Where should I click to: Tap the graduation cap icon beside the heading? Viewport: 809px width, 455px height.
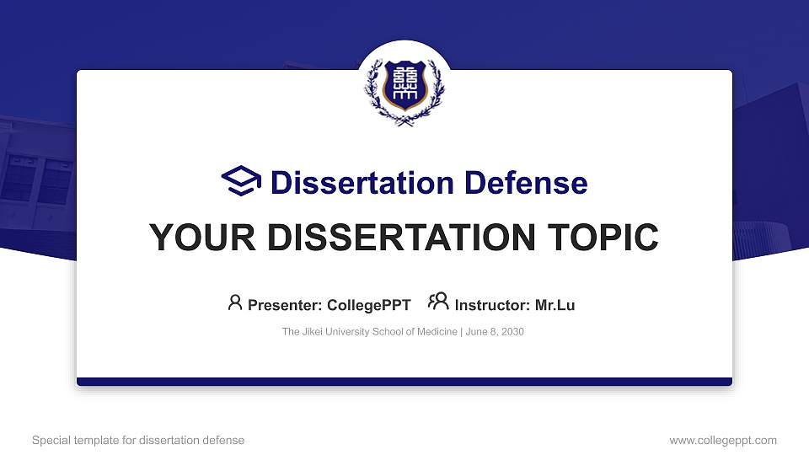(x=241, y=182)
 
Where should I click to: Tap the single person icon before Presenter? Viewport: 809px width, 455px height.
(x=235, y=302)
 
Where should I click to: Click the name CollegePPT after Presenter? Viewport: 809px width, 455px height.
(x=369, y=305)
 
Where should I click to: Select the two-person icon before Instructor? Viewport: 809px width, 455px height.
(x=438, y=302)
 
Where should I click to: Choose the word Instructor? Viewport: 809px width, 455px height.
(x=492, y=305)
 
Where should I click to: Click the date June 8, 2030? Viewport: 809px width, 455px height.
(x=495, y=332)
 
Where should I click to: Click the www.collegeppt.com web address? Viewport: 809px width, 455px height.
(x=723, y=440)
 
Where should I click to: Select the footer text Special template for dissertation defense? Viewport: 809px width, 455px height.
(x=138, y=440)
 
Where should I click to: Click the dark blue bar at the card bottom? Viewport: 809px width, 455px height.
(x=404, y=382)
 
